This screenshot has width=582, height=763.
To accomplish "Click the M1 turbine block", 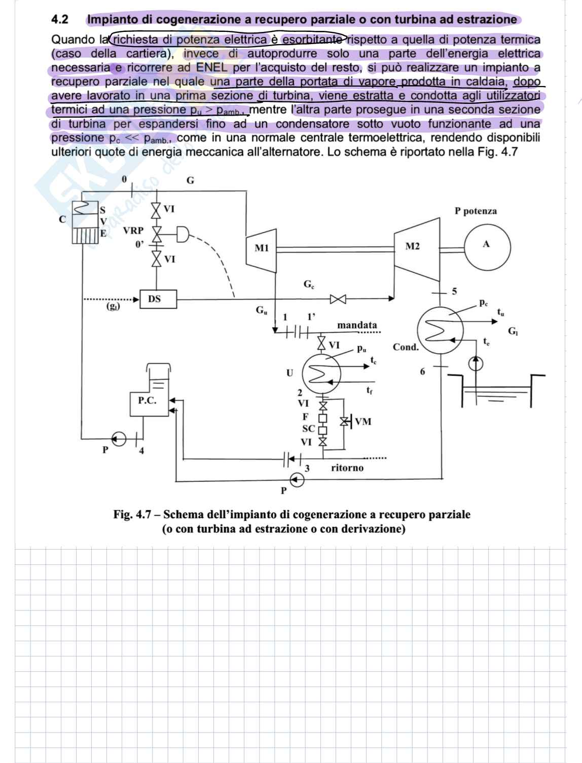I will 261,248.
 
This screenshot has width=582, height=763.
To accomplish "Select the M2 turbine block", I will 413,247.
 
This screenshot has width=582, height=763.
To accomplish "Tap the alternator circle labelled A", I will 486,245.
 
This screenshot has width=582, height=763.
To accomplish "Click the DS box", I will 155,299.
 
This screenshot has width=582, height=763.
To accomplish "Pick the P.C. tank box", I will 148,400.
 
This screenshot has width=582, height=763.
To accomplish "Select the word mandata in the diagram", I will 357,325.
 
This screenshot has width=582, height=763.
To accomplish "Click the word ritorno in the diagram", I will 347,468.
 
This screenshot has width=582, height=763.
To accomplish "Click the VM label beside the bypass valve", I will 363,421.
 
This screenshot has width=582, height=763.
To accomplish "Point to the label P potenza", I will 476,211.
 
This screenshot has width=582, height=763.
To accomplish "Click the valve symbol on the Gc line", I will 338,299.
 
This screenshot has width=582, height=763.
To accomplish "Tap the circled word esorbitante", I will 313,39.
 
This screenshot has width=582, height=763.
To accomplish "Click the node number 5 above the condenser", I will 454,291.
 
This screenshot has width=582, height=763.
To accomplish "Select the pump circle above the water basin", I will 476,363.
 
